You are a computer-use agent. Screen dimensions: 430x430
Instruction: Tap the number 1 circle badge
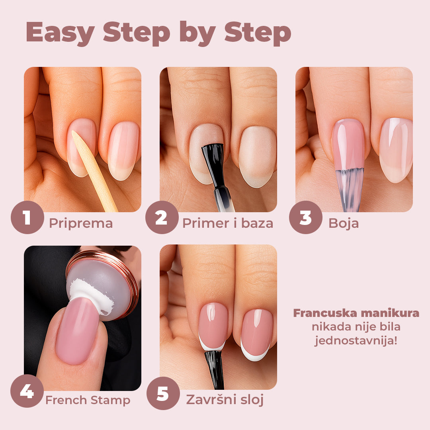coord(27,217)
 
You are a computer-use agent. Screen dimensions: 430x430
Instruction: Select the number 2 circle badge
coord(161,217)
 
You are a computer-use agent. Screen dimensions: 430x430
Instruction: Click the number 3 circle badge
coord(305,217)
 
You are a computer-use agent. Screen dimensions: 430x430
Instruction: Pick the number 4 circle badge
coord(27,392)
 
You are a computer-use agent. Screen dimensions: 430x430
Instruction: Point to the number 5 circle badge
coord(163,393)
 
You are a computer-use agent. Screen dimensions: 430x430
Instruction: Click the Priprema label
coord(81,223)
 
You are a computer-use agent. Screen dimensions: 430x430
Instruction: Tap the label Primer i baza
coord(228,223)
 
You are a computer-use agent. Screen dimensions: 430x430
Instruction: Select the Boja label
coord(343,223)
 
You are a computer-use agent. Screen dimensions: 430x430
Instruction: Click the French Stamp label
coord(88,400)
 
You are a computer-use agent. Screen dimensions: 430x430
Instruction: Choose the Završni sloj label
coord(225,400)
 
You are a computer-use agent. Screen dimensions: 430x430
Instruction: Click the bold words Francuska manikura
coord(356,313)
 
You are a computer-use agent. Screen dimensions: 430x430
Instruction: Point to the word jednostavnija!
coord(356,341)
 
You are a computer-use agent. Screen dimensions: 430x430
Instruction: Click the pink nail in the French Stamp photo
coord(78,330)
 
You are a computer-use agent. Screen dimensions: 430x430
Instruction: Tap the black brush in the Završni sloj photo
coord(214,368)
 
